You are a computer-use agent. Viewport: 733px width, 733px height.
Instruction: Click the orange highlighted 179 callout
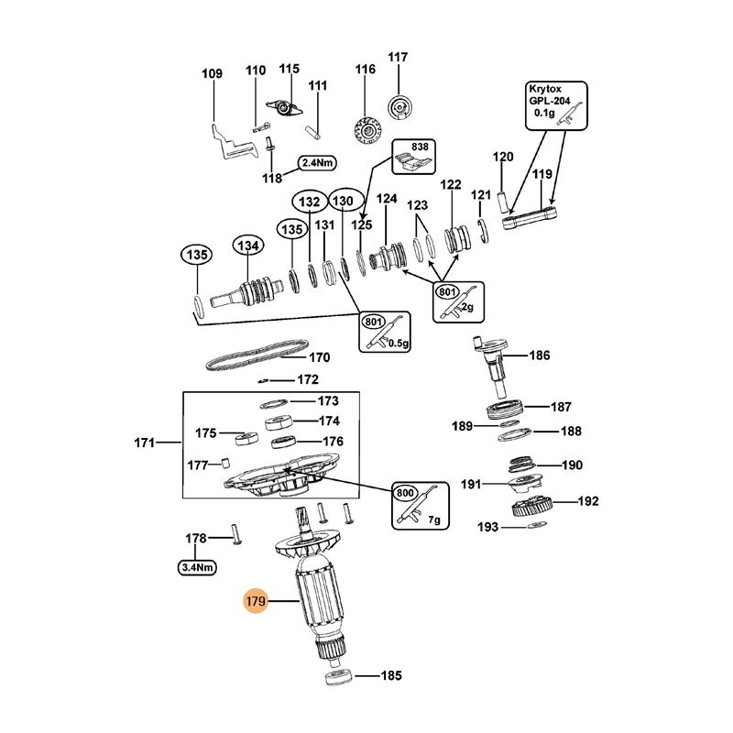coord(256,602)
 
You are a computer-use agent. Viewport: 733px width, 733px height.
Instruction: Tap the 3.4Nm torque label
coord(197,567)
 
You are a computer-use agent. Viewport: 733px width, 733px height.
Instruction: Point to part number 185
coord(390,677)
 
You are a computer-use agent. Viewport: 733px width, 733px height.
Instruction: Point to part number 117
coord(397,58)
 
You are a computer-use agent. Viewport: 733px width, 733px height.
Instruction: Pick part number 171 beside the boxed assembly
coord(144,443)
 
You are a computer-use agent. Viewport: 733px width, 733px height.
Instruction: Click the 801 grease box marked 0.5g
coord(384,332)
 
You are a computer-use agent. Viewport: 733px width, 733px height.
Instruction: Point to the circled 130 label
coord(342,201)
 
